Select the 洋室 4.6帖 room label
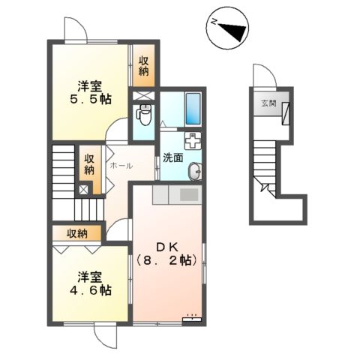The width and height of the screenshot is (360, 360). [x=85, y=282]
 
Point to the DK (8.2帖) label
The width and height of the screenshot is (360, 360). [x=167, y=254]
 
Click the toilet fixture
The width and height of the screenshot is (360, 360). [x=144, y=115]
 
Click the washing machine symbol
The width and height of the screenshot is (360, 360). [x=193, y=140]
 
